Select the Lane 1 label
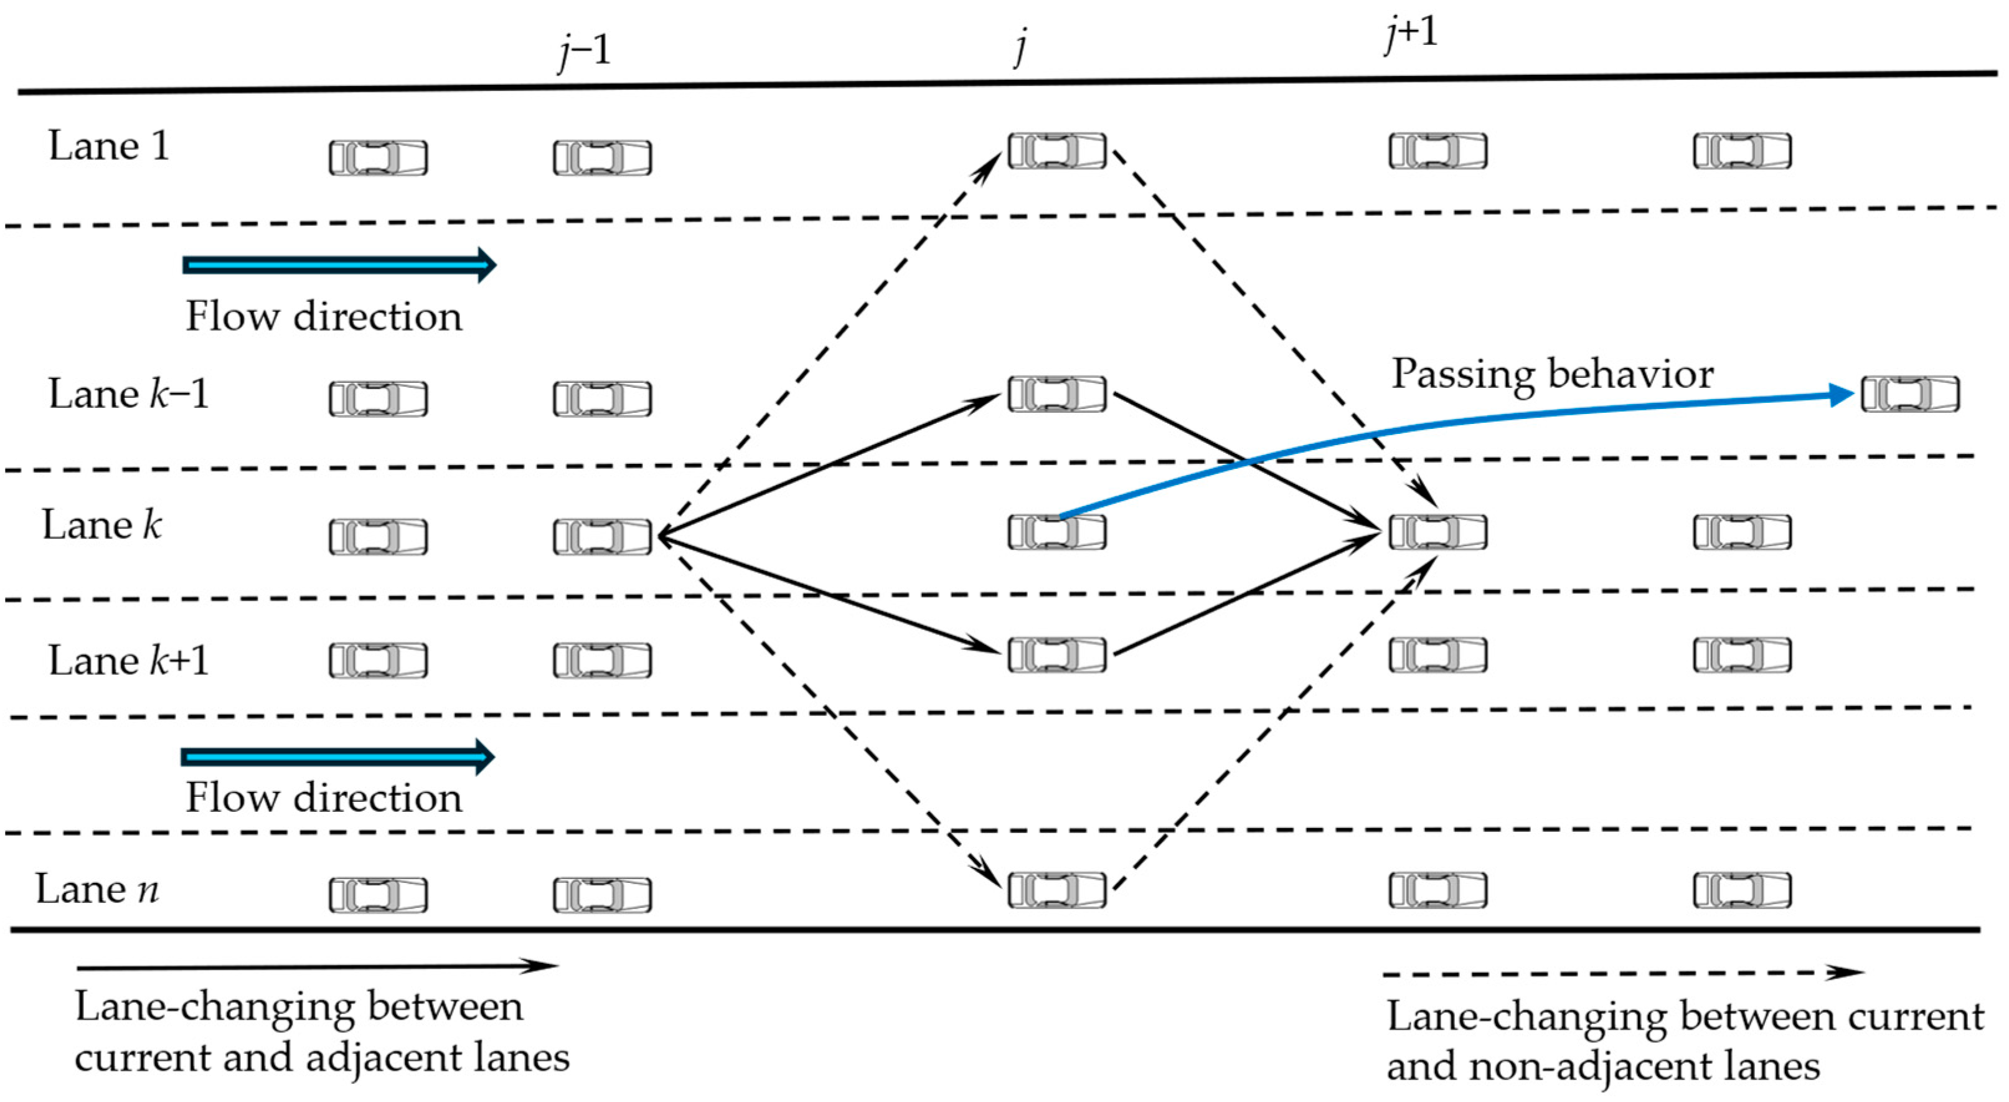coord(108,146)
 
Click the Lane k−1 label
coord(129,393)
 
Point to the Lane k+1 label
coord(129,661)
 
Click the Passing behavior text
coord(1552,374)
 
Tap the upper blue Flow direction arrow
coord(339,265)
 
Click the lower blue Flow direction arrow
coord(337,756)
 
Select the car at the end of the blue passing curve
coord(1910,395)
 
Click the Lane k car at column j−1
coord(602,537)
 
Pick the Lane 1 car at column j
coord(1056,151)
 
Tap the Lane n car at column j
coord(1056,890)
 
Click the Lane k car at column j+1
coord(1437,532)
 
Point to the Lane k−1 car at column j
coord(1056,394)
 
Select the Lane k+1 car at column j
coord(1056,654)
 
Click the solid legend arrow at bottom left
coord(316,967)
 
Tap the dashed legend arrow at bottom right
coord(1622,973)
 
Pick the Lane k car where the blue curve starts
coord(1056,532)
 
